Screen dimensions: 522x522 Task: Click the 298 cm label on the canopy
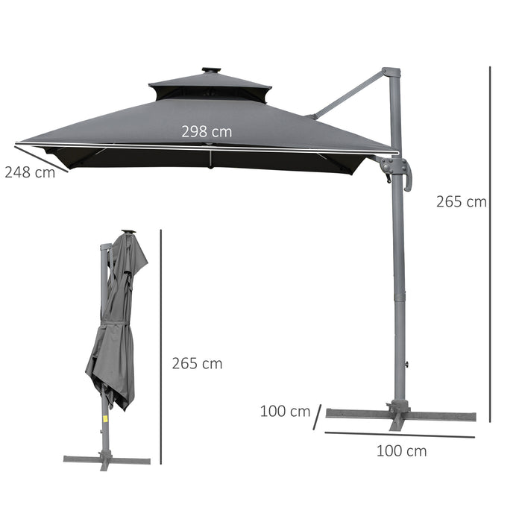click(x=207, y=131)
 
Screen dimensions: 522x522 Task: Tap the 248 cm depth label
click(x=30, y=172)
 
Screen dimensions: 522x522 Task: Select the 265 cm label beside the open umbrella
click(x=461, y=201)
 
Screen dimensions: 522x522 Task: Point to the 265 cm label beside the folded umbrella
click(x=197, y=363)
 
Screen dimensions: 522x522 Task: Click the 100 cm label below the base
click(x=401, y=450)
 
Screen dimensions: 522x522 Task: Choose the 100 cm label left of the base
click(x=285, y=411)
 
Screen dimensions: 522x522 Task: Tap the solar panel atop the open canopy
click(x=210, y=71)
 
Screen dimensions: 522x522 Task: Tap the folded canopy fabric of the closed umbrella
click(x=116, y=336)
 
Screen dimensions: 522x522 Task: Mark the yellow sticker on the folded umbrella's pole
click(x=105, y=418)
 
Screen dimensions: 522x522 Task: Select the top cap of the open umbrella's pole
click(x=391, y=72)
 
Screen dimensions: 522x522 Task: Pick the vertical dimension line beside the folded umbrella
click(x=161, y=350)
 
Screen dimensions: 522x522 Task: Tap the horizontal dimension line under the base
click(x=399, y=435)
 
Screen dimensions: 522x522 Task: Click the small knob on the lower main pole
click(x=406, y=364)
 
